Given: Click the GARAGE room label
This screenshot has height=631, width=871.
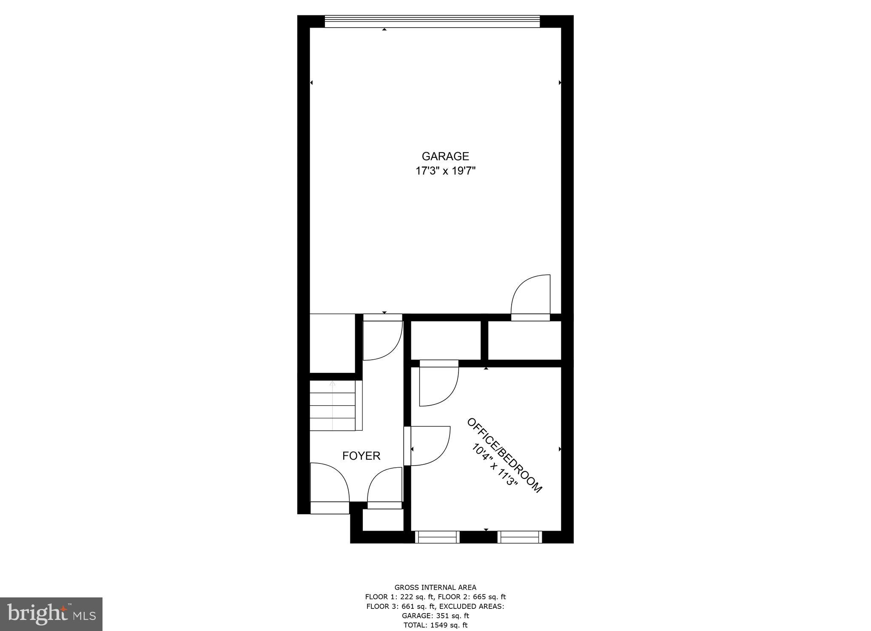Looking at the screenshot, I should [x=445, y=156].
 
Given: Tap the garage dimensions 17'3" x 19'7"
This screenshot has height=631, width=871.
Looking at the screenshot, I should [x=445, y=171].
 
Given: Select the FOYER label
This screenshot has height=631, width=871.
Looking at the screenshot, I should [x=361, y=456].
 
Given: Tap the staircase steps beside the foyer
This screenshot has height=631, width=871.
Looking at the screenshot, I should [x=332, y=406].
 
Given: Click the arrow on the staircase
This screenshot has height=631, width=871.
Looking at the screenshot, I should [x=332, y=384].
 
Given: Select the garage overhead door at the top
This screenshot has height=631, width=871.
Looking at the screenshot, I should [x=432, y=21].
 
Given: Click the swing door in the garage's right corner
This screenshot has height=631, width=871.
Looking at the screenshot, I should [x=530, y=298].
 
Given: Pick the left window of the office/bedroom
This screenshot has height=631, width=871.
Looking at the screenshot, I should [x=437, y=537].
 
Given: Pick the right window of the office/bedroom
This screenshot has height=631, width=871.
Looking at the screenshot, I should [x=520, y=537].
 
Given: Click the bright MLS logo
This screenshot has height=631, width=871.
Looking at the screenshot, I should [x=51, y=614].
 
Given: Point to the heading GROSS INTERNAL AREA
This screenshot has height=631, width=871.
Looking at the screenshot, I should [x=435, y=588].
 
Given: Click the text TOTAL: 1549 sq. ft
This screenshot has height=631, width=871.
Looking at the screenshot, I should [x=435, y=625].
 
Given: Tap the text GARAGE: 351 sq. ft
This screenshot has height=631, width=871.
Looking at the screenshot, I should [x=435, y=616].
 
